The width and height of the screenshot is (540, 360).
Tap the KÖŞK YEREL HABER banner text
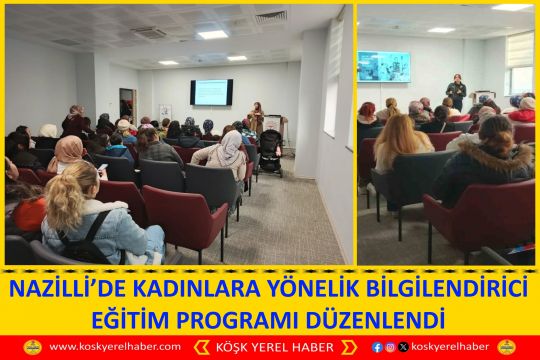click(x=271, y=347)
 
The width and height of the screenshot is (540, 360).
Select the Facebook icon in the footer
click(x=377, y=347)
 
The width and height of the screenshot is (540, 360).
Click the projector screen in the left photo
click(x=211, y=92)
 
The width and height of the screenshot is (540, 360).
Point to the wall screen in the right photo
click(x=384, y=66)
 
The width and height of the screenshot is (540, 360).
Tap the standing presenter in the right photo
click(x=456, y=92)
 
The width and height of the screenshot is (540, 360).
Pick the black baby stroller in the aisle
click(x=270, y=152)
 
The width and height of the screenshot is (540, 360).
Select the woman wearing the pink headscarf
click(x=68, y=155)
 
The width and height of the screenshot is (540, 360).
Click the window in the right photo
click(x=520, y=65)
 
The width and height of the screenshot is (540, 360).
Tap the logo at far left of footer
click(x=32, y=347)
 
